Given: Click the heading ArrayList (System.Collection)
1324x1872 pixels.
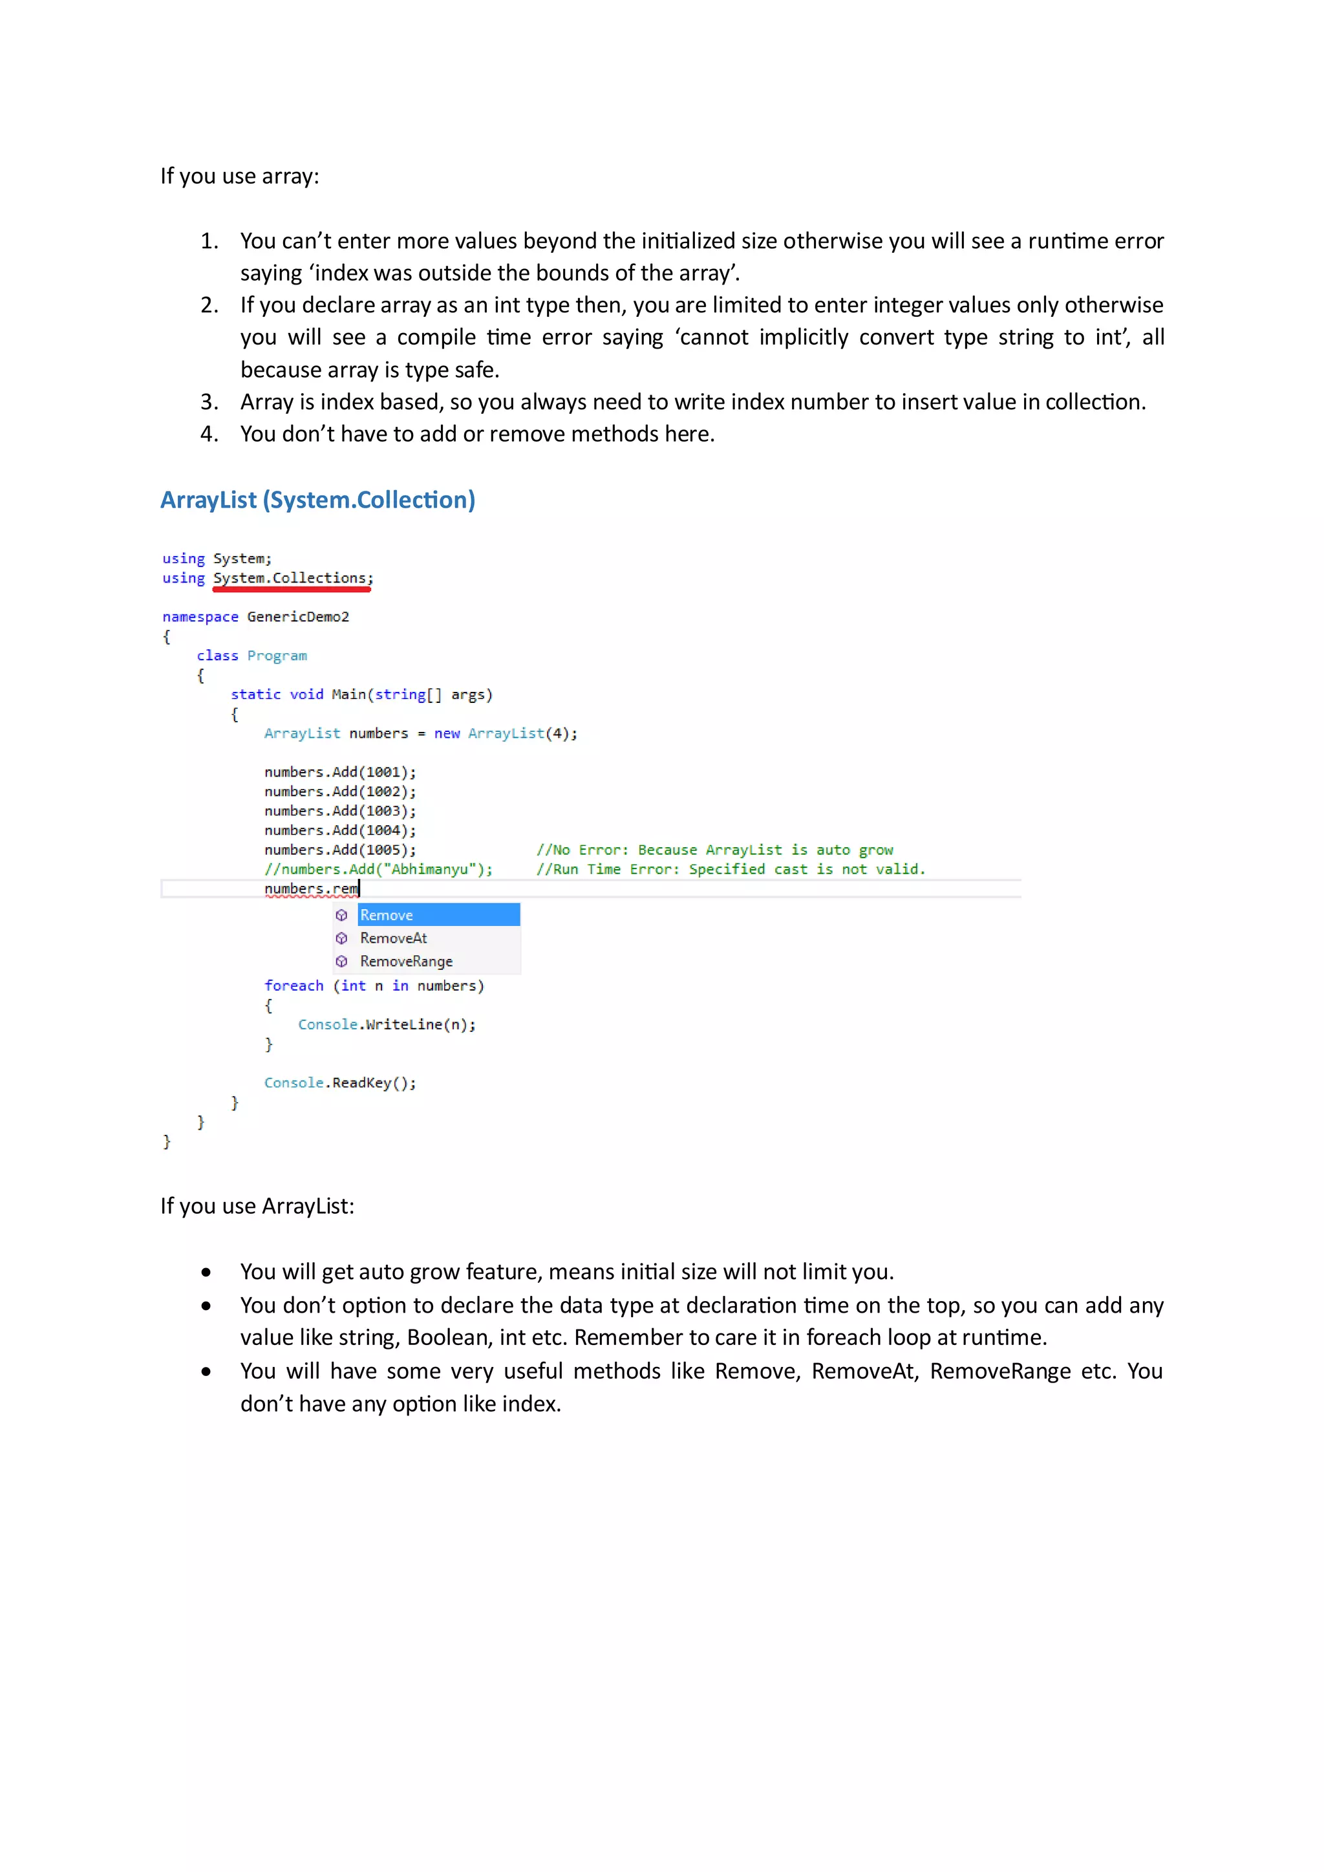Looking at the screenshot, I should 317,500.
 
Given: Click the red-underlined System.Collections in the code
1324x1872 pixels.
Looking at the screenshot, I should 292,578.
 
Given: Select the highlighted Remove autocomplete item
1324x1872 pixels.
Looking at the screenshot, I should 437,915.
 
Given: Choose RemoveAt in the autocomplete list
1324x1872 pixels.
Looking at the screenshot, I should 394,938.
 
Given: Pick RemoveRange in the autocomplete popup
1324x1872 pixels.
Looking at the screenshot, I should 406,962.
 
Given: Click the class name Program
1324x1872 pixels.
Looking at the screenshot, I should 277,656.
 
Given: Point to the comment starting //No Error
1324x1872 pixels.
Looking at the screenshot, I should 714,850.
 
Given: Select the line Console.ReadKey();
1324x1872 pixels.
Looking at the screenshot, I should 340,1082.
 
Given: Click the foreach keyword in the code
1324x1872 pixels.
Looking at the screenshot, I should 294,985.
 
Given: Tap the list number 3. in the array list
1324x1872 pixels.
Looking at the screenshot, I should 209,402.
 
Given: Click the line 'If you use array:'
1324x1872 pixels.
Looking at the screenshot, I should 240,176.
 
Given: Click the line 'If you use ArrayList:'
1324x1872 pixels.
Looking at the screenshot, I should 257,1206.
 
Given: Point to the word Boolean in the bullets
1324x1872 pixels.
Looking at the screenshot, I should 447,1338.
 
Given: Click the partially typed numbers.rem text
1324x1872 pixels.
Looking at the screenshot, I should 312,888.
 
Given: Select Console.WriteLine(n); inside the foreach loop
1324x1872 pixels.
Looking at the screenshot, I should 387,1025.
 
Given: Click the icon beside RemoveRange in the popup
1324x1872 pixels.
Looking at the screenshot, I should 341,962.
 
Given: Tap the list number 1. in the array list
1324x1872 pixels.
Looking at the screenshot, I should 209,241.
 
